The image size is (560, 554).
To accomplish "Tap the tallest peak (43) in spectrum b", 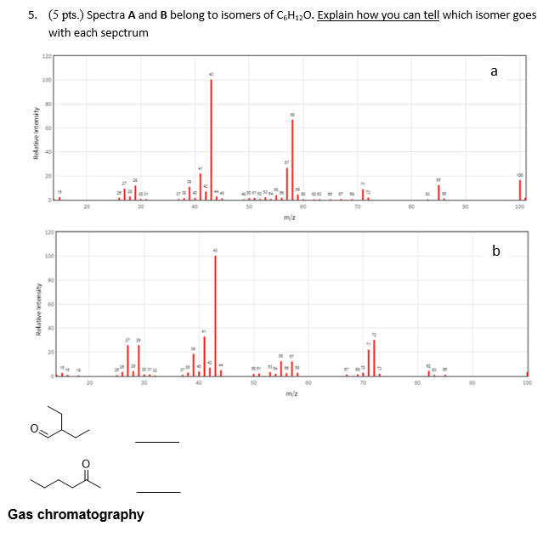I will (215, 315).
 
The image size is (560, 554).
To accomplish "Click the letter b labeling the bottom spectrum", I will (496, 251).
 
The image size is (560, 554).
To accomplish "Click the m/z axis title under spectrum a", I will (289, 218).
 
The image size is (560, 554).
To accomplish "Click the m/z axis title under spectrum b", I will (291, 394).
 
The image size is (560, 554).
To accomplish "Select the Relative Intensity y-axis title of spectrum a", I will (34, 134).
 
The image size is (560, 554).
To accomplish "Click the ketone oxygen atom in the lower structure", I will (84, 463).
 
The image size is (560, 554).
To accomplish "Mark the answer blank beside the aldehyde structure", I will (157, 441).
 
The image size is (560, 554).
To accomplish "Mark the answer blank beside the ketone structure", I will (158, 491).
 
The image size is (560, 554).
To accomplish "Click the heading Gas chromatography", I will (76, 514).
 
